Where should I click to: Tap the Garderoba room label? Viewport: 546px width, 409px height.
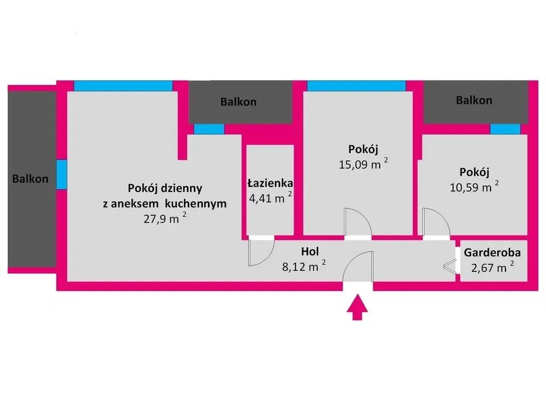coord(492,253)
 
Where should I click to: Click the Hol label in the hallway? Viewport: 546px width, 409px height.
coord(310,250)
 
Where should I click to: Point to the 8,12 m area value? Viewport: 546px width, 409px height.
coord(301,266)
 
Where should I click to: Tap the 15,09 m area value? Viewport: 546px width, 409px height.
coord(360,164)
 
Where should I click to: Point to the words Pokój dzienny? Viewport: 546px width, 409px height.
coord(165,188)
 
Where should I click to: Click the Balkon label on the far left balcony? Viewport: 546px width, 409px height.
coord(30,179)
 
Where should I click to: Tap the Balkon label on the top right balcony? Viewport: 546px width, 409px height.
coord(474,100)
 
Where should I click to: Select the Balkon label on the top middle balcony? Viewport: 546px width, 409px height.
coord(238,102)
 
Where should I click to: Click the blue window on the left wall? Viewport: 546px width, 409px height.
coord(62,174)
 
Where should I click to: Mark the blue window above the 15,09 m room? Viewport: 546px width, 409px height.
coord(356,86)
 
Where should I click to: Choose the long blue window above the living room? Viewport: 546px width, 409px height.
coord(123,86)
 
